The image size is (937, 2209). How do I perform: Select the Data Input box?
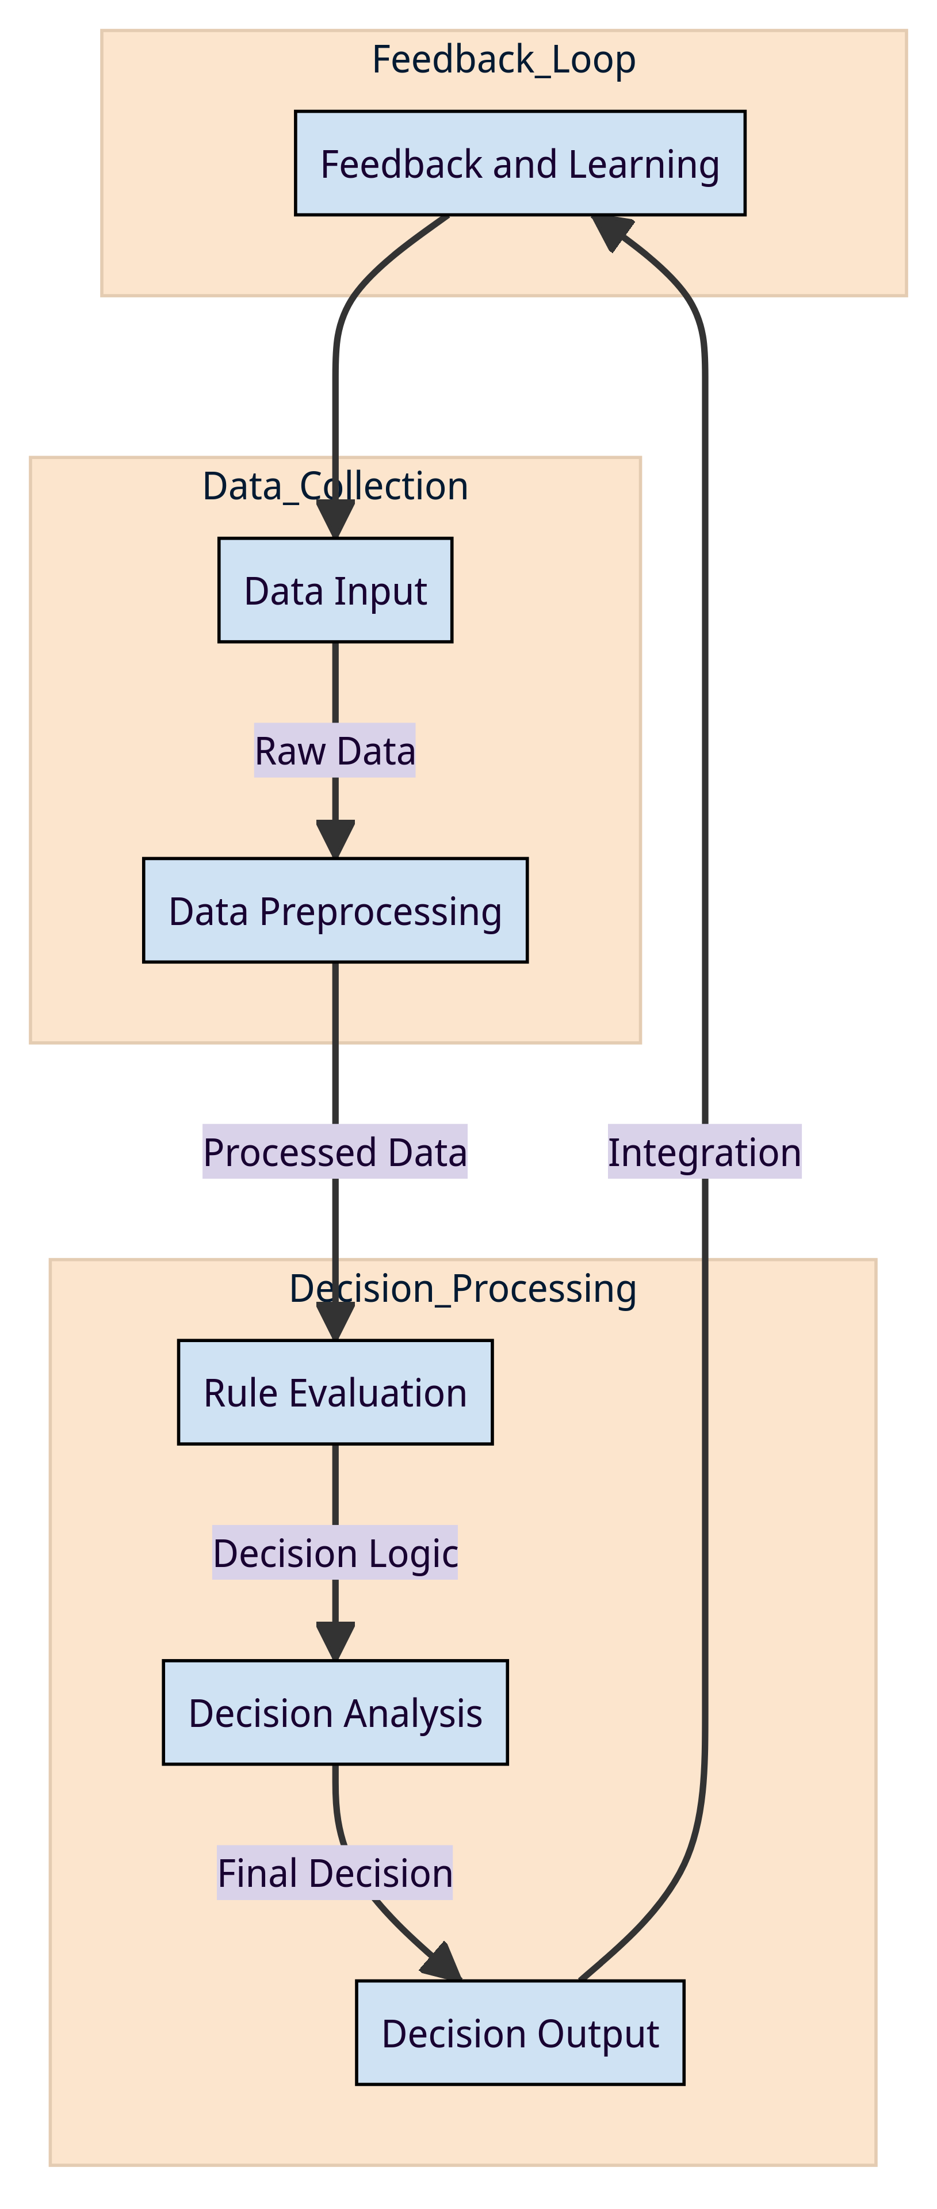tap(335, 590)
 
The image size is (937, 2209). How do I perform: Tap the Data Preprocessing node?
tap(335, 910)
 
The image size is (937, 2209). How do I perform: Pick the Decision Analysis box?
tap(335, 1713)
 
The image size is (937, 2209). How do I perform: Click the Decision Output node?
tap(519, 2032)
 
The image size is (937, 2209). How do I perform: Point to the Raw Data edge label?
tap(335, 750)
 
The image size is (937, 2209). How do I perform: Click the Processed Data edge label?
tap(335, 1152)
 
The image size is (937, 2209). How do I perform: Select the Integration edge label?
tap(704, 1152)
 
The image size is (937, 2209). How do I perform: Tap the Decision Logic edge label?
tap(335, 1553)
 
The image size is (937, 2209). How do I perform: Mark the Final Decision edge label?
tap(335, 1873)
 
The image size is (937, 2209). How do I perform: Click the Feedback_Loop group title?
tap(504, 60)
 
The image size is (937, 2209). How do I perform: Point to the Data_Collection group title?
tap(335, 486)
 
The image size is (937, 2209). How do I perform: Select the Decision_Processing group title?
tap(463, 1289)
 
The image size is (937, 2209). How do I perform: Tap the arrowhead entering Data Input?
tap(335, 519)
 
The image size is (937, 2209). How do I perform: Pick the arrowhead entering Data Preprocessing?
tap(335, 839)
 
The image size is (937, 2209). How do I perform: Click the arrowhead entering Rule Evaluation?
tap(335, 1321)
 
